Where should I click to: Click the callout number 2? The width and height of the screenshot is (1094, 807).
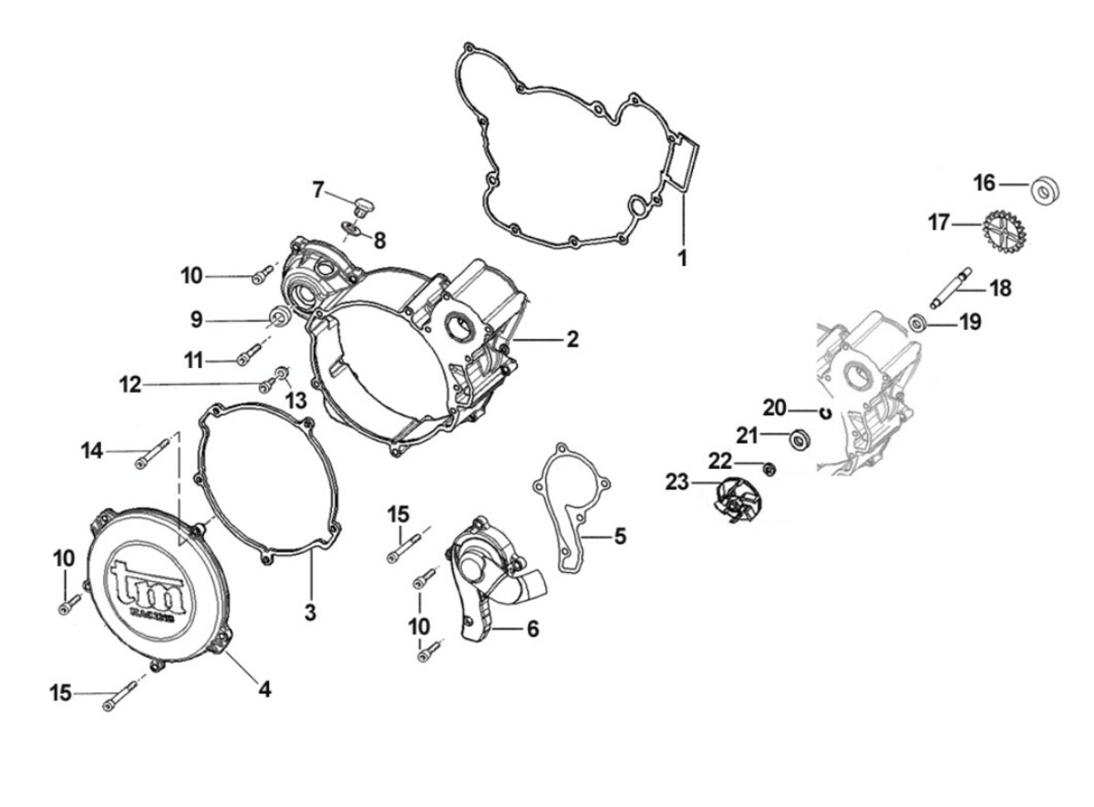pos(572,340)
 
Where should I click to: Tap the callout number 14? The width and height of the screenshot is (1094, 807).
pos(92,449)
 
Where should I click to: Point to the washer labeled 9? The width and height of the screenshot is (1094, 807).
pos(282,318)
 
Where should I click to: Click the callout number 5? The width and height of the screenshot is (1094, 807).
pos(619,536)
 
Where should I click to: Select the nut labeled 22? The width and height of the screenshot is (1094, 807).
pos(768,469)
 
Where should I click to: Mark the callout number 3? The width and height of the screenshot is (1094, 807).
pos(310,612)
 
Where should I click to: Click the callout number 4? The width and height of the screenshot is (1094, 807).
pos(263,690)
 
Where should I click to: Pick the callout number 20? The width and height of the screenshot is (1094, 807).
pos(774,407)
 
